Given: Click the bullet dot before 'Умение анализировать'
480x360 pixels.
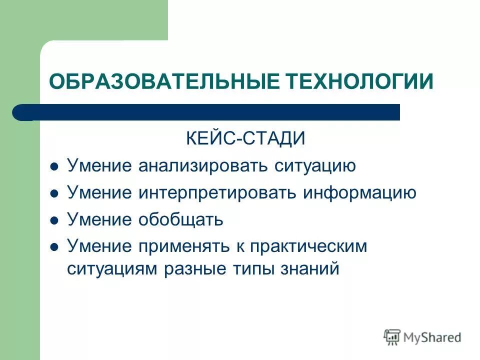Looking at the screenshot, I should (55, 166).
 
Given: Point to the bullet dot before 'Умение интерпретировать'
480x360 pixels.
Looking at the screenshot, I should (55, 193).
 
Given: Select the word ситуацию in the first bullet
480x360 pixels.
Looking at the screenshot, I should (315, 166).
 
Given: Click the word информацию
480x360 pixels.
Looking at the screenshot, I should (359, 193).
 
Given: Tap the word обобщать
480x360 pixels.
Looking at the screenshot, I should (180, 220).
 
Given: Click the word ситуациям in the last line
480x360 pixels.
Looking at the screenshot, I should (112, 268).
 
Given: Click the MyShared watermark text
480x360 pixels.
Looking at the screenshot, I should (433, 337).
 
